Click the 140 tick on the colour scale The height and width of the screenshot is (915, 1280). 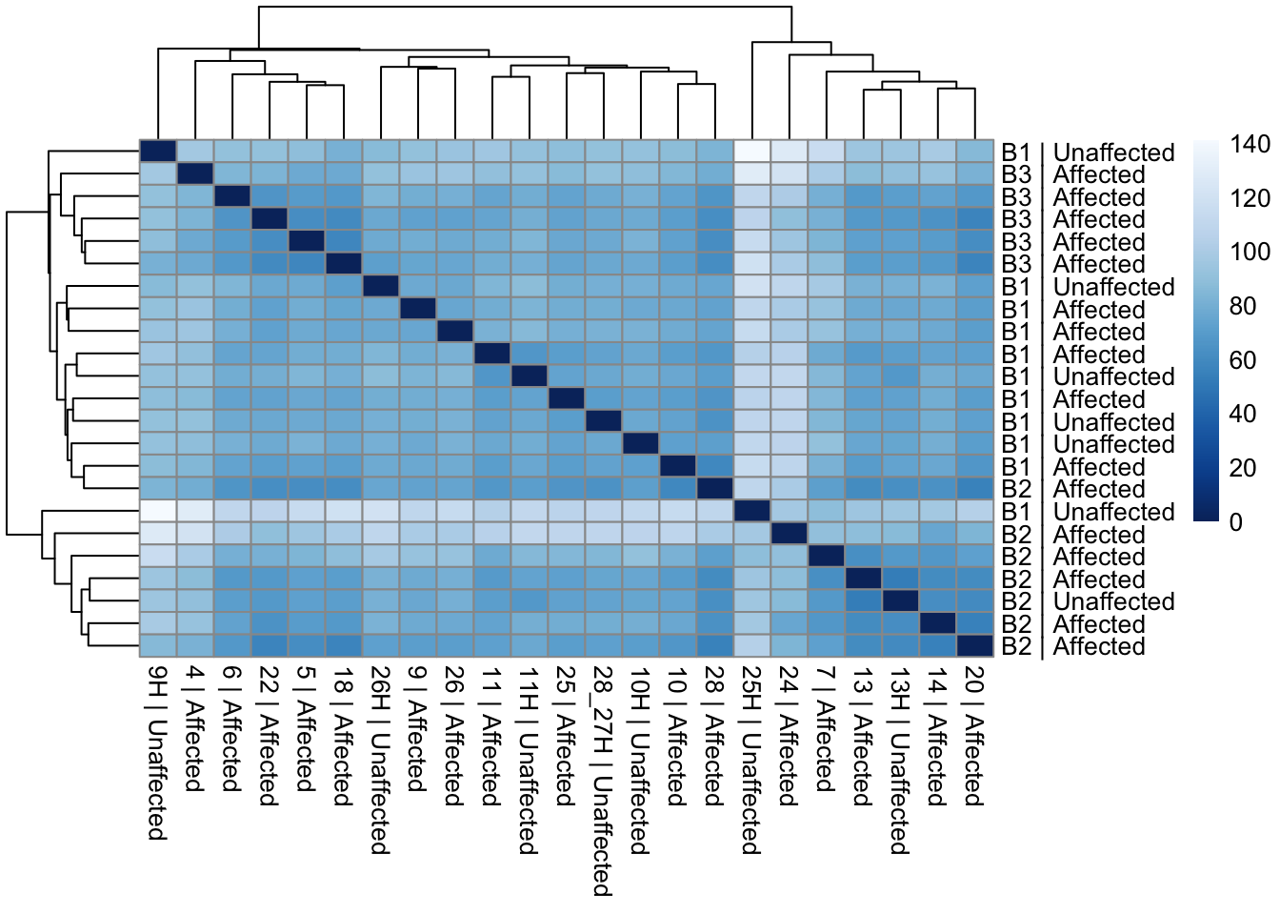pos(1249,144)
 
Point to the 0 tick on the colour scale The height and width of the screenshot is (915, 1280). pos(1235,521)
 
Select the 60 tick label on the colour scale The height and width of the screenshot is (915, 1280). pos(1242,360)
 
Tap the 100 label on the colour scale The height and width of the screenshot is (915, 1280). pos(1249,252)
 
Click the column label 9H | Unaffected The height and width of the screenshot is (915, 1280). pos(158,753)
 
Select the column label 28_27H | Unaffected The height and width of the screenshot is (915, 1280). pos(602,782)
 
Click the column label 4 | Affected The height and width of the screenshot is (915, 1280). pos(195,729)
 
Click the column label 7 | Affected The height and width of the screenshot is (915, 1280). pos(825,729)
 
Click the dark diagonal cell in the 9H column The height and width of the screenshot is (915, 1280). pos(157,152)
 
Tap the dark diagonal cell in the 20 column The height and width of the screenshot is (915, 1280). pos(974,645)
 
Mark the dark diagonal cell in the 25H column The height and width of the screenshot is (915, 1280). pos(751,511)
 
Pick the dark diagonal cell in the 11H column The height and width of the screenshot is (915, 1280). pos(529,376)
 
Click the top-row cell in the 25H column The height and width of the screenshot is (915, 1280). pos(751,152)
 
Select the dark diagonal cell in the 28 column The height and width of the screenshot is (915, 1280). pos(714,488)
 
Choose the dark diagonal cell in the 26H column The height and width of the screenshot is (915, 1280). pos(380,286)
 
